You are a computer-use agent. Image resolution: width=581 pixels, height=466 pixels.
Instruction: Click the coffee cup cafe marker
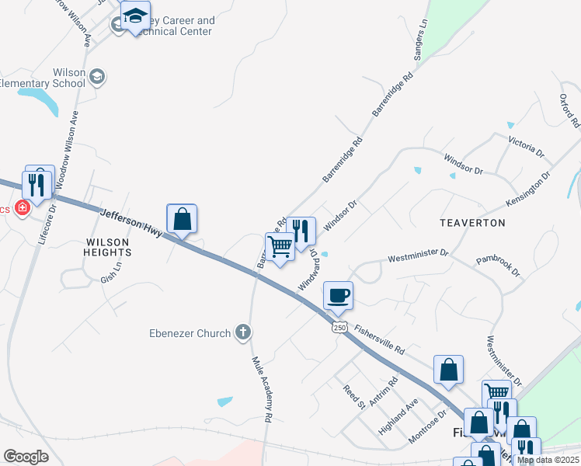pyautogui.click(x=339, y=295)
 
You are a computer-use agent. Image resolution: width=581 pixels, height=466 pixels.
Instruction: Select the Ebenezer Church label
pyautogui.click(x=190, y=333)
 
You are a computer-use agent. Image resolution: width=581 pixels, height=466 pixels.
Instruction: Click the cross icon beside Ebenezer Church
pyautogui.click(x=242, y=333)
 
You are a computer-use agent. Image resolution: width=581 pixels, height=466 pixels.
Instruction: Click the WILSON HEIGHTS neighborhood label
pyautogui.click(x=108, y=247)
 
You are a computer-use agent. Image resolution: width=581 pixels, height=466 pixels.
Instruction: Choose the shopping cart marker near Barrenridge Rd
pyautogui.click(x=280, y=246)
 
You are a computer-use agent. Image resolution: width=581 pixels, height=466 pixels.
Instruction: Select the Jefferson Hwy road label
pyautogui.click(x=132, y=222)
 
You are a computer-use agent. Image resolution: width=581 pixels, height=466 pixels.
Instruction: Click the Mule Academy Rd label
pyautogui.click(x=262, y=388)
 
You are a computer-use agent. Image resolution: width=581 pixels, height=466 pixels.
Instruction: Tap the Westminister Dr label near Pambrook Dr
pyautogui.click(x=418, y=254)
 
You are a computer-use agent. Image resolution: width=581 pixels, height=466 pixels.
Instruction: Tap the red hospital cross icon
pyautogui.click(x=23, y=208)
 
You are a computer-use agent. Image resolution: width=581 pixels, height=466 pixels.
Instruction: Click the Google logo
pyautogui.click(x=26, y=456)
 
